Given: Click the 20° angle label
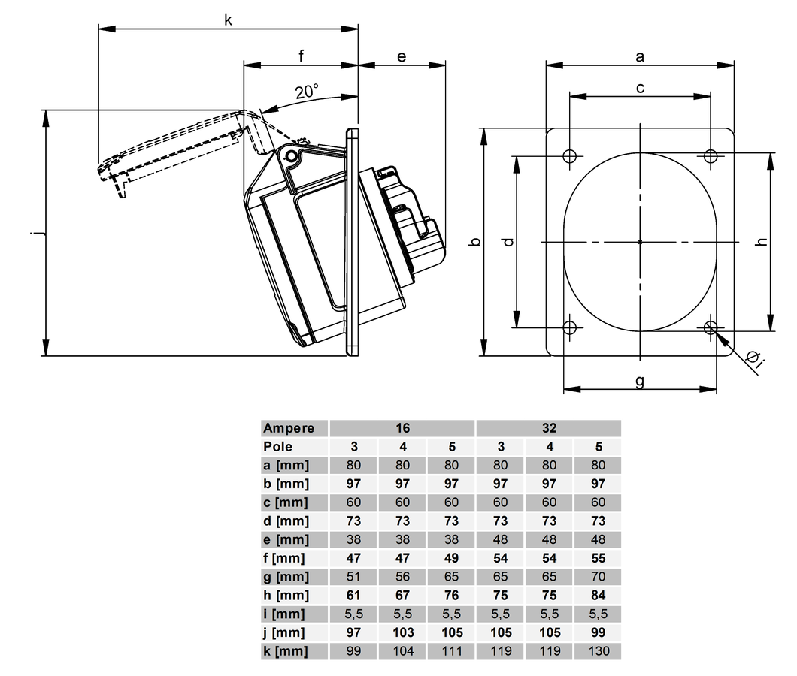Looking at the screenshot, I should (306, 92).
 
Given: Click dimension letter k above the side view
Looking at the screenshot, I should (228, 20).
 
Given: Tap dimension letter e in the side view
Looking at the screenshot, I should (402, 56).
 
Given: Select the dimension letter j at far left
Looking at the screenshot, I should (34, 234).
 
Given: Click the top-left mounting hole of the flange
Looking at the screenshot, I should (569, 156).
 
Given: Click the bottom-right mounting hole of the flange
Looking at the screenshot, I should (711, 327).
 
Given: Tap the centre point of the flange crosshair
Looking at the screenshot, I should (640, 242).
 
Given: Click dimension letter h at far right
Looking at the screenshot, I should (761, 242).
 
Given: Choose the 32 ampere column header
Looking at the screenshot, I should (549, 428).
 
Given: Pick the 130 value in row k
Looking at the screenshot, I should (599, 651).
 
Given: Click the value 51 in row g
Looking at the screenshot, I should (353, 577).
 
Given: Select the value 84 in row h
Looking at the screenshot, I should (599, 596).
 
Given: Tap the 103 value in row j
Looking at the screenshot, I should (402, 632).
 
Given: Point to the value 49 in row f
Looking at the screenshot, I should (451, 558).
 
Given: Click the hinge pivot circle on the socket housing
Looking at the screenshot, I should (291, 155).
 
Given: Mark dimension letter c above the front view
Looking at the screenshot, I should (640, 88).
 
